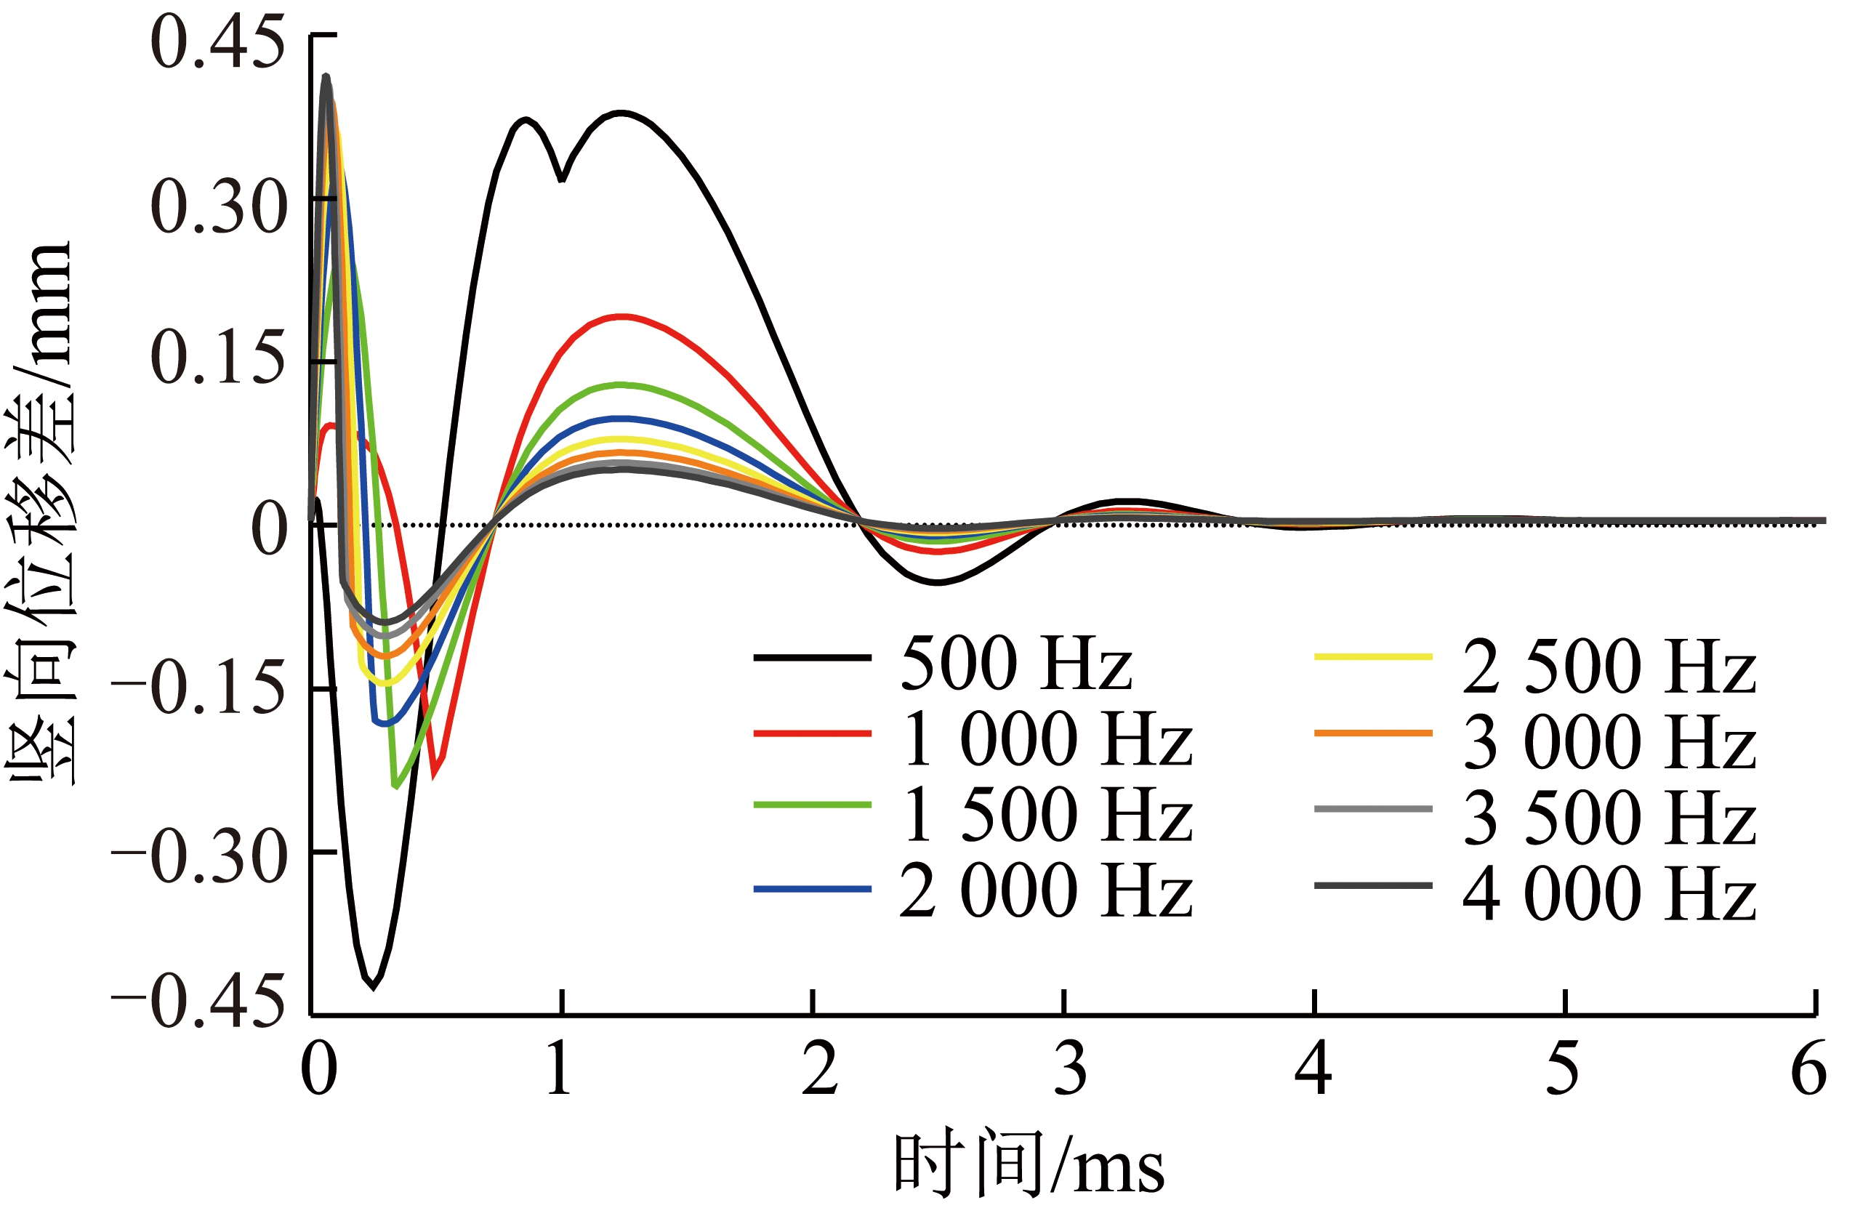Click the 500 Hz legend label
point(1015,664)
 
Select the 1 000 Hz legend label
point(1046,740)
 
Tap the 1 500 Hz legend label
point(1046,816)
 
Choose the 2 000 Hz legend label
point(1046,891)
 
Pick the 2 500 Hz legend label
point(1609,667)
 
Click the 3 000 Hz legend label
point(1609,742)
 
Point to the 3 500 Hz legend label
point(1609,818)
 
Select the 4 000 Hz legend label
point(1609,893)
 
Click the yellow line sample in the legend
point(1372,657)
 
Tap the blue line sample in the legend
point(812,889)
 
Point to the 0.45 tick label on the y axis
point(217,44)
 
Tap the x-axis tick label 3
point(1069,1069)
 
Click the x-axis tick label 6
point(1808,1069)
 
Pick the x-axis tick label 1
point(559,1069)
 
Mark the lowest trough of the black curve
point(374,987)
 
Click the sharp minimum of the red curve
point(433,776)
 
